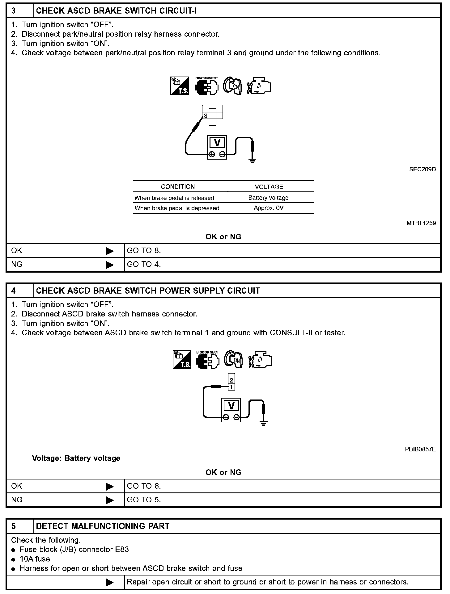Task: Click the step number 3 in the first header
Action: [x=14, y=11]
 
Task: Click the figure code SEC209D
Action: [x=422, y=169]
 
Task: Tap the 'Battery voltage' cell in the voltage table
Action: [x=268, y=198]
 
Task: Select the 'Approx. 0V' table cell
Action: [x=268, y=208]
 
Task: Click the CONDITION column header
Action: [x=178, y=186]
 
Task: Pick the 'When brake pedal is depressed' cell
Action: [x=177, y=208]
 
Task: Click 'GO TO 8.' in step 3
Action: [x=144, y=251]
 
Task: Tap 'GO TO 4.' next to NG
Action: [x=144, y=265]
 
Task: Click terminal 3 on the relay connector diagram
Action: [x=206, y=116]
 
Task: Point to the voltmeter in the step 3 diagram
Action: [x=217, y=147]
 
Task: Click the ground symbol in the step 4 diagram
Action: [x=263, y=423]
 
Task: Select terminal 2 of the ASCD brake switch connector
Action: [x=231, y=380]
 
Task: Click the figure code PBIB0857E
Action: [x=420, y=450]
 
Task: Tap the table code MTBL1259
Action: [x=421, y=223]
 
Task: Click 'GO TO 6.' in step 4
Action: [x=144, y=486]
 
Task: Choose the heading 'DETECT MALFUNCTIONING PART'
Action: [x=103, y=526]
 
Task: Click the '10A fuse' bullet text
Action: [x=35, y=559]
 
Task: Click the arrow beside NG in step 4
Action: [x=110, y=500]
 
